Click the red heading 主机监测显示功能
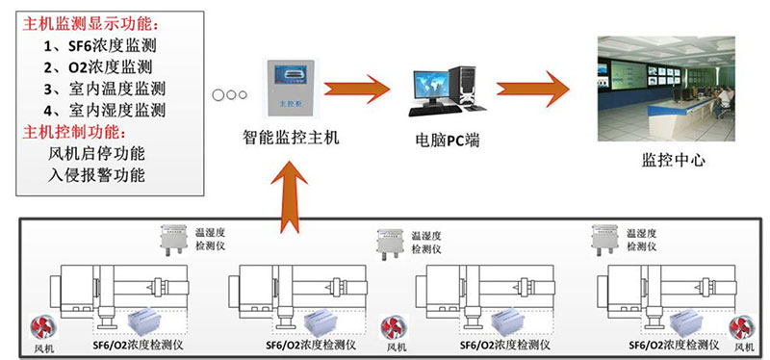(90, 24)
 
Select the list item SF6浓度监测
(100, 45)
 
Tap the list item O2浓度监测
(98, 66)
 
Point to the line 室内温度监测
(105, 89)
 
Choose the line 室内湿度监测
(105, 110)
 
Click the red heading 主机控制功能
(74, 132)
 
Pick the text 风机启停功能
(97, 154)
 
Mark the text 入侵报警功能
(97, 175)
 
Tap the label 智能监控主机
(292, 138)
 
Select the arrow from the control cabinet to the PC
(357, 89)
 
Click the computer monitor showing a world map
(430, 85)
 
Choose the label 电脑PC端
(446, 141)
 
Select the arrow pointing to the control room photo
(533, 89)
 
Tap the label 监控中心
(673, 160)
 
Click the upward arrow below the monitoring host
(290, 196)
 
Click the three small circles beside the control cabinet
(229, 94)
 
